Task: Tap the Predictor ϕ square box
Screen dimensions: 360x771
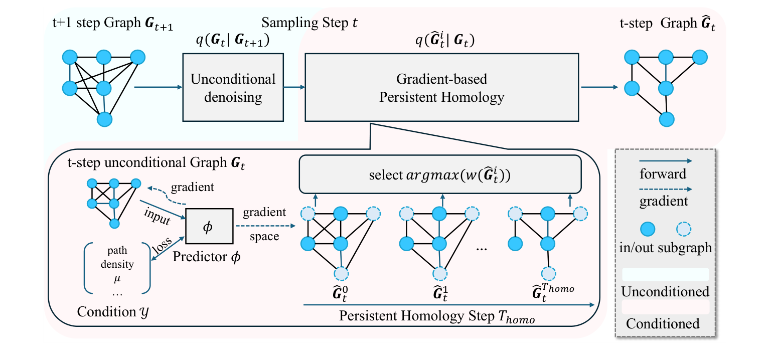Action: (207, 228)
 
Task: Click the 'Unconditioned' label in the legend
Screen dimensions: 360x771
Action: (665, 291)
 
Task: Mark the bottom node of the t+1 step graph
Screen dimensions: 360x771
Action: (104, 119)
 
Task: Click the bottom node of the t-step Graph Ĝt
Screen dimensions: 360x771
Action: (667, 119)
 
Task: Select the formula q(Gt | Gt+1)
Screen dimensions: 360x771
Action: (232, 43)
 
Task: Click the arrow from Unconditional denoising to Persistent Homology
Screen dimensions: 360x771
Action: (293, 87)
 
